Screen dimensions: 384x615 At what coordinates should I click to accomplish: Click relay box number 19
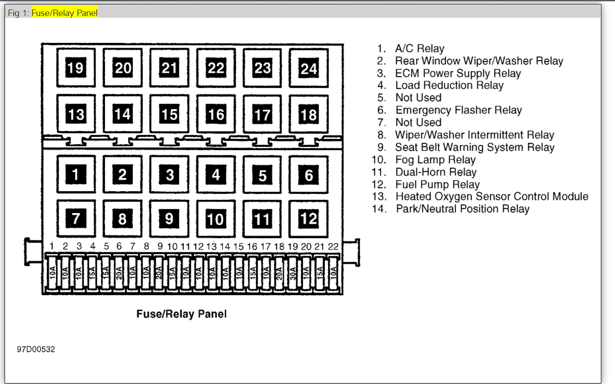point(76,67)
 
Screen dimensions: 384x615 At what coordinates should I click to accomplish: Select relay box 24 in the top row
point(309,68)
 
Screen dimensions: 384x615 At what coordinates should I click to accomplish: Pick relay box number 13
point(76,114)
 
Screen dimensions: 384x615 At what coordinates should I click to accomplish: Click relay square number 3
point(169,175)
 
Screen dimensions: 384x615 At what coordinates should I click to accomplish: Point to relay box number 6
point(309,175)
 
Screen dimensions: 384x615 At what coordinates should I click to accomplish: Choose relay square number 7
point(76,219)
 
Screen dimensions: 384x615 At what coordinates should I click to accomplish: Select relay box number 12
point(309,219)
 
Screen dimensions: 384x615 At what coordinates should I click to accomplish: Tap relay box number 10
point(216,219)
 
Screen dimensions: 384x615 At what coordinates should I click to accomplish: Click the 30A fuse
point(292,274)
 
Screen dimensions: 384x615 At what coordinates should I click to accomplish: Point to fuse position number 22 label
point(334,246)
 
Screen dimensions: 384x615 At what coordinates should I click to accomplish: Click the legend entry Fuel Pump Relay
point(437,184)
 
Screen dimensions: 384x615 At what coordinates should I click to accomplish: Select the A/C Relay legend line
point(419,48)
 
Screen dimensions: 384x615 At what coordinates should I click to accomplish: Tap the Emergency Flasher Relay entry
point(458,110)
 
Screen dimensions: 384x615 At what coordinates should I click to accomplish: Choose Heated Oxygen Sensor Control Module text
point(491,197)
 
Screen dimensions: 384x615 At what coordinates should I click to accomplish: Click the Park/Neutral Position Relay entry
point(462,209)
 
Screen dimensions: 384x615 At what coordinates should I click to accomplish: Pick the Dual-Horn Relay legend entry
point(436,172)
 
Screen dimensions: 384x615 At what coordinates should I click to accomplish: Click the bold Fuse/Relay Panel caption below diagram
point(182,314)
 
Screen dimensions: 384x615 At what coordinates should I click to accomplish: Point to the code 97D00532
point(36,349)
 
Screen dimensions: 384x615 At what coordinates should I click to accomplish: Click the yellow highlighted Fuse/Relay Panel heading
point(64,13)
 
